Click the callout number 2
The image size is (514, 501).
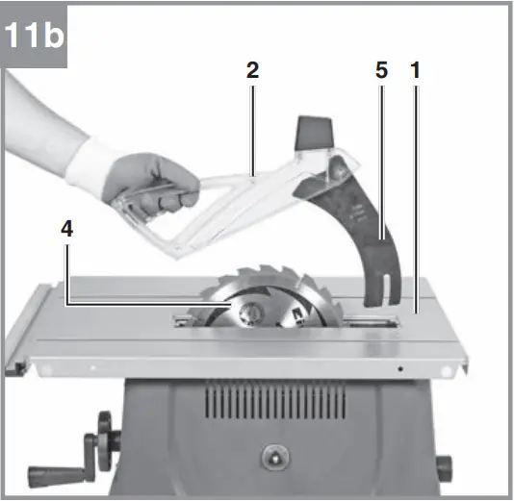252,70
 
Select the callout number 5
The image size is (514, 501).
381,70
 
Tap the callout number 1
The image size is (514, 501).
416,70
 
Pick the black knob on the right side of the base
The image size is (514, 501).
444,469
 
